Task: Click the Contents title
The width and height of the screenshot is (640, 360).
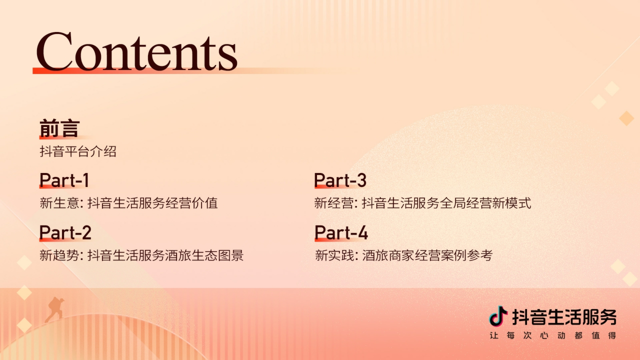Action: coord(136,51)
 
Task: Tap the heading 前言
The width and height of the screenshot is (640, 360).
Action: coord(59,129)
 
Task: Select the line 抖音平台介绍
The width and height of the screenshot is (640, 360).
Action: coord(78,151)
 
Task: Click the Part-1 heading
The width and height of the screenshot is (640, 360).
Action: coord(64,180)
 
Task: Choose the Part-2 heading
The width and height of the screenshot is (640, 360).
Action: coord(65,232)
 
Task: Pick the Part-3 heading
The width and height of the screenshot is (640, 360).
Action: coord(340,180)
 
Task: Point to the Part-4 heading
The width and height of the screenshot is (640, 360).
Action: coord(341,232)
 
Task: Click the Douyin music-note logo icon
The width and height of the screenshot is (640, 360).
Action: coord(498,316)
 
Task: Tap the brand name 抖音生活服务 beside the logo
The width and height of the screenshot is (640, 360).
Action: coord(564,317)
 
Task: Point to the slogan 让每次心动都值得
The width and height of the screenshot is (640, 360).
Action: coord(552,335)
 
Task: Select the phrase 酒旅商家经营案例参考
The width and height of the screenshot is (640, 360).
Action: coord(427,255)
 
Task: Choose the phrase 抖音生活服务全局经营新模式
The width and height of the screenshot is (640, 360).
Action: coord(446,203)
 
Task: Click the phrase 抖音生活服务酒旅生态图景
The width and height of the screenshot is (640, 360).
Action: coord(165,255)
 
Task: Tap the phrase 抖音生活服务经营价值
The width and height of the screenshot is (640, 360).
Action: coord(152,203)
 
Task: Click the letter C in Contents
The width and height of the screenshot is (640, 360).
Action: coord(54,51)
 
